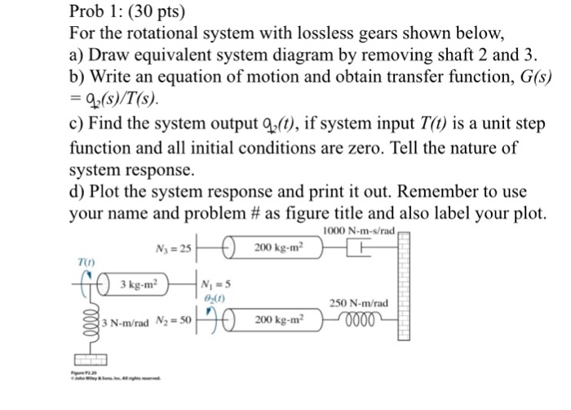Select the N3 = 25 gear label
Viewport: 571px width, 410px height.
pyautogui.click(x=172, y=248)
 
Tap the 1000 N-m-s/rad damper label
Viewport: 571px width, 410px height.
pyautogui.click(x=360, y=231)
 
